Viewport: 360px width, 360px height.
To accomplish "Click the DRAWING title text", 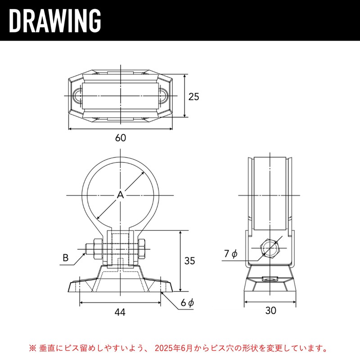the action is pos(55,21).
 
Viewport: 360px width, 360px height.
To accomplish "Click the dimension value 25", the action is pos(193,97).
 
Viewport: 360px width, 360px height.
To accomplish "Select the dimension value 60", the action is pos(121,138).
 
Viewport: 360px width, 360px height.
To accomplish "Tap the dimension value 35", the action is pos(189,261).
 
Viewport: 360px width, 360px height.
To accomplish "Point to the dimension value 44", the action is pos(120,312).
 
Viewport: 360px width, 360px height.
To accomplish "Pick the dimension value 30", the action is pos(270,310).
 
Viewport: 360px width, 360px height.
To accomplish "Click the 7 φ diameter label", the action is pos(231,254).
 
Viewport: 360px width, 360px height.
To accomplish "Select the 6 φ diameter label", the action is pos(187,303).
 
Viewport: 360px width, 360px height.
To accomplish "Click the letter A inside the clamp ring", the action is pos(120,195).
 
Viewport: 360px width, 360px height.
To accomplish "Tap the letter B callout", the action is pos(66,257).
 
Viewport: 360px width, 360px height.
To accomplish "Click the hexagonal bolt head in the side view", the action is pos(270,249).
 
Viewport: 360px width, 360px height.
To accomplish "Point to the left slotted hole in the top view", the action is pos(77,96).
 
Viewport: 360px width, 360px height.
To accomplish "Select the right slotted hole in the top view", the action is pos(163,96).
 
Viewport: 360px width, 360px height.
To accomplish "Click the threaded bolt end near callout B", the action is pos(89,249).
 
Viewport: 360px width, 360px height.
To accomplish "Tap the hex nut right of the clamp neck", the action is pos(142,249).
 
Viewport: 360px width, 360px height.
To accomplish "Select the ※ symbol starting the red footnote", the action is pos(32,348).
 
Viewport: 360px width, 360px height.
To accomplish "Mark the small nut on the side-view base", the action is pos(270,279).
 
